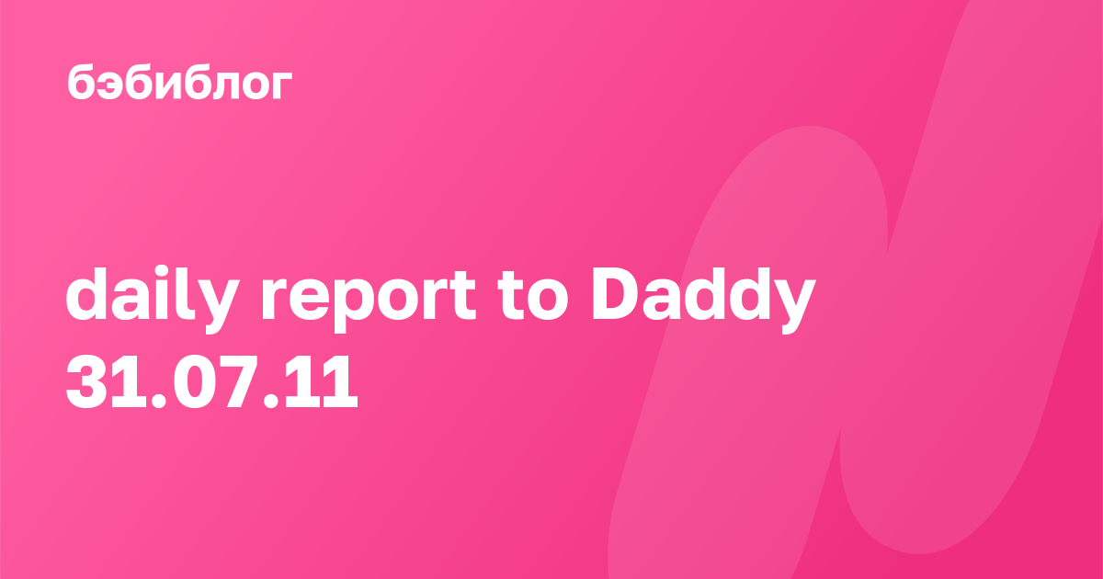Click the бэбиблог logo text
pyautogui.click(x=180, y=82)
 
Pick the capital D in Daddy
pyautogui.click(x=617, y=295)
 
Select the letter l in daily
pyautogui.click(x=176, y=294)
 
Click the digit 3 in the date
pyautogui.click(x=86, y=381)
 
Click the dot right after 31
pyautogui.click(x=159, y=401)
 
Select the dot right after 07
pyautogui.click(x=272, y=401)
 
